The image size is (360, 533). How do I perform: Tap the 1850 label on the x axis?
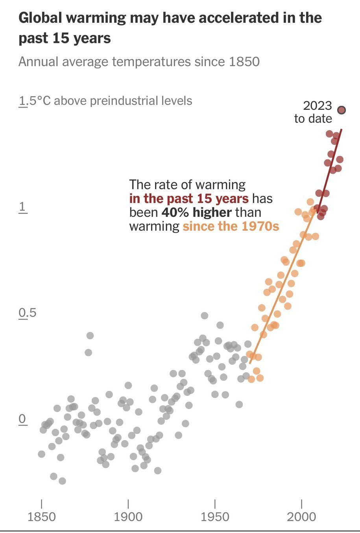pyautogui.click(x=41, y=516)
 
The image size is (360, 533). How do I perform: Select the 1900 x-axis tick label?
pyautogui.click(x=128, y=516)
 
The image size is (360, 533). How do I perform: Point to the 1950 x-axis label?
pyautogui.click(x=215, y=516)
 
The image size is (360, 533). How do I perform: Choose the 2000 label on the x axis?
pyautogui.click(x=301, y=516)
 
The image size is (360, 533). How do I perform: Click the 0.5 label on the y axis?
pyautogui.click(x=27, y=313)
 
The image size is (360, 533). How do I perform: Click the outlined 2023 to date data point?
pyautogui.click(x=342, y=110)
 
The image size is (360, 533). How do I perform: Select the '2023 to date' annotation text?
pyautogui.click(x=314, y=112)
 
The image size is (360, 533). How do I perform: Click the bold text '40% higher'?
pyautogui.click(x=196, y=212)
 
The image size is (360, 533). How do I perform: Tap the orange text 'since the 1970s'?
pyautogui.click(x=231, y=226)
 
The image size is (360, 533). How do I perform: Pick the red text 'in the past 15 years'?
pyautogui.click(x=189, y=199)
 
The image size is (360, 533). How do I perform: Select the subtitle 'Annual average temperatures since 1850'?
pyautogui.click(x=139, y=62)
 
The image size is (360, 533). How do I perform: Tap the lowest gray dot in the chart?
pyautogui.click(x=62, y=481)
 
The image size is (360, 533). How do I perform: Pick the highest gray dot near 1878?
pyautogui.click(x=90, y=336)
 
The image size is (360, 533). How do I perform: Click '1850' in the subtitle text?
pyautogui.click(x=242, y=62)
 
